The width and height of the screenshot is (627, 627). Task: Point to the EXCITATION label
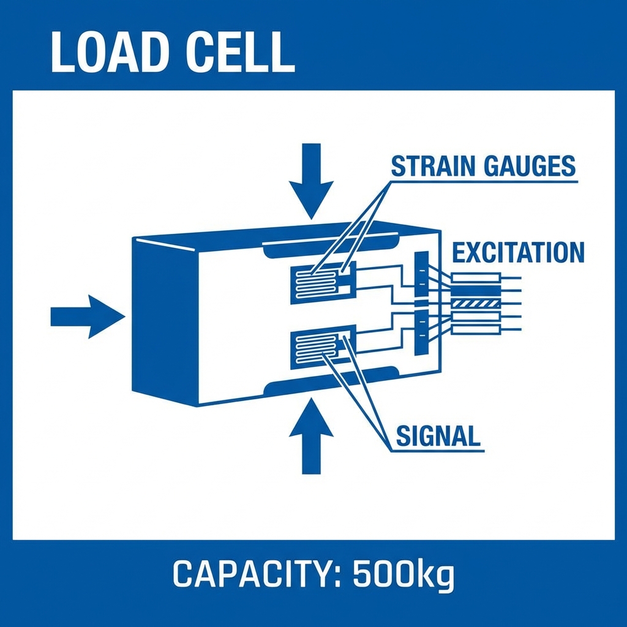518,252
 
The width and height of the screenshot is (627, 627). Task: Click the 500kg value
404,574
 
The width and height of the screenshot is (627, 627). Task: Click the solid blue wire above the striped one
476,290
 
